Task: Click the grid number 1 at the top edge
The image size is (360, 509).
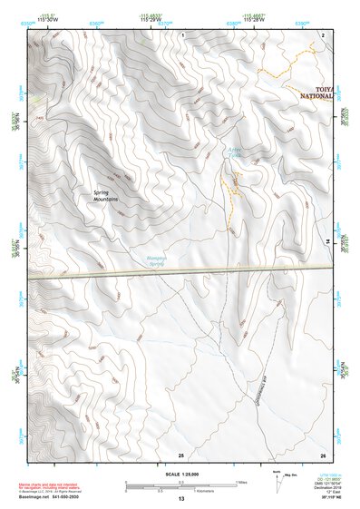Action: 183,34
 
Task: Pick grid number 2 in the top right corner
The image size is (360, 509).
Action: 323,34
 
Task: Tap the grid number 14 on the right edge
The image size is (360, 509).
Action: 327,243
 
